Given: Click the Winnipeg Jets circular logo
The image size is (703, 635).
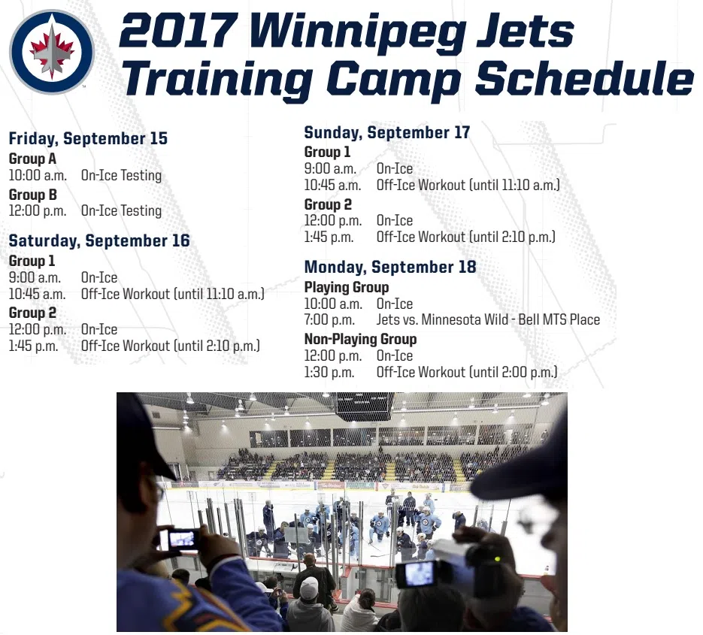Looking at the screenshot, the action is (52, 52).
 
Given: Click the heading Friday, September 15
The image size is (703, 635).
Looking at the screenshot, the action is (88, 138).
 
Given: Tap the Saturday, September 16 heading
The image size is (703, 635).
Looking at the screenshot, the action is (99, 240).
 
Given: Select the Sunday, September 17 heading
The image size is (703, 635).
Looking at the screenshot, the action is (387, 133).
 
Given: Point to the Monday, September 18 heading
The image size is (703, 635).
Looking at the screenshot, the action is (390, 267).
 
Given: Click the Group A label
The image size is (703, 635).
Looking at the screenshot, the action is (33, 159).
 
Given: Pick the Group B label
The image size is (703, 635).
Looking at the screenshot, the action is (33, 195).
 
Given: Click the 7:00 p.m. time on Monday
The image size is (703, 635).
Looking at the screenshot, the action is (329, 320).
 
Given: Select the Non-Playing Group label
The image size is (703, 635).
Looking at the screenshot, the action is (360, 339).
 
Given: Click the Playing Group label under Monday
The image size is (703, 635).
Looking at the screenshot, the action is (347, 287).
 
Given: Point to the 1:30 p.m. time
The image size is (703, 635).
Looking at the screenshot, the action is (329, 373).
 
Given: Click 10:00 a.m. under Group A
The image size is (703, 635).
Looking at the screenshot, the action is (38, 175).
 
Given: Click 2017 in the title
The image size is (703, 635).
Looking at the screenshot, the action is (178, 31).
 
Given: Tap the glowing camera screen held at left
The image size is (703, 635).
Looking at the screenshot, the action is (183, 539).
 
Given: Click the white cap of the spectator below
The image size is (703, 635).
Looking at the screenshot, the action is (309, 588).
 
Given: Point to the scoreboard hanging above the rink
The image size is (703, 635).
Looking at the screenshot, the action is (365, 406).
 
